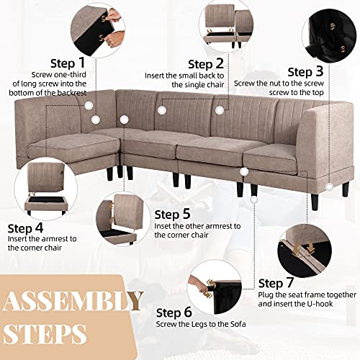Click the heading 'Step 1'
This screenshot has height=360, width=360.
click(x=68, y=63)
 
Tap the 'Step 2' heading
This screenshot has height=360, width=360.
click(x=206, y=64)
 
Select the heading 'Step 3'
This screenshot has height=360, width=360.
click(x=305, y=72)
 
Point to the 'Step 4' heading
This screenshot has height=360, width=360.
click(x=25, y=228)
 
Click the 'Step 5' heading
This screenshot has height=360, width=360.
click(x=172, y=215)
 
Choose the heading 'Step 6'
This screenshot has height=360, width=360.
click(x=174, y=312)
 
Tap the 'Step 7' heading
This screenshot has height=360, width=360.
click(x=276, y=283)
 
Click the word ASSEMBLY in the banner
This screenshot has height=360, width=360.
click(x=73, y=301)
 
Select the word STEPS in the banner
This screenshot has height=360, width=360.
click(x=45, y=333)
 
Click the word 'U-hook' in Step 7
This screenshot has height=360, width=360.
click(x=320, y=304)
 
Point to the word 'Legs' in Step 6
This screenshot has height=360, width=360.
click(x=199, y=324)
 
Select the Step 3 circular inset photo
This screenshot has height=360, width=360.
click(x=330, y=35)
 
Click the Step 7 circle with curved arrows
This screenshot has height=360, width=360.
click(x=305, y=251)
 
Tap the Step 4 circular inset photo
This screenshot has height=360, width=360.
click(x=46, y=189)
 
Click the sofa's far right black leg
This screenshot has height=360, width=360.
click(x=346, y=189)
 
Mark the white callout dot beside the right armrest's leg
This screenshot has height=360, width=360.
click(x=330, y=187)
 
